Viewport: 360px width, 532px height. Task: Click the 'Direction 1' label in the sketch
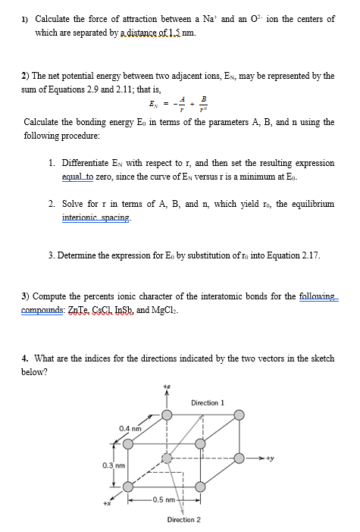pos(208,402)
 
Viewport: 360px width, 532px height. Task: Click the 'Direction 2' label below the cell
pos(183,519)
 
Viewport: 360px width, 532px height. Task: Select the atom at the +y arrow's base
pos(239,458)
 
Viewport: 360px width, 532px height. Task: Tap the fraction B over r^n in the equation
pos(202,103)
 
